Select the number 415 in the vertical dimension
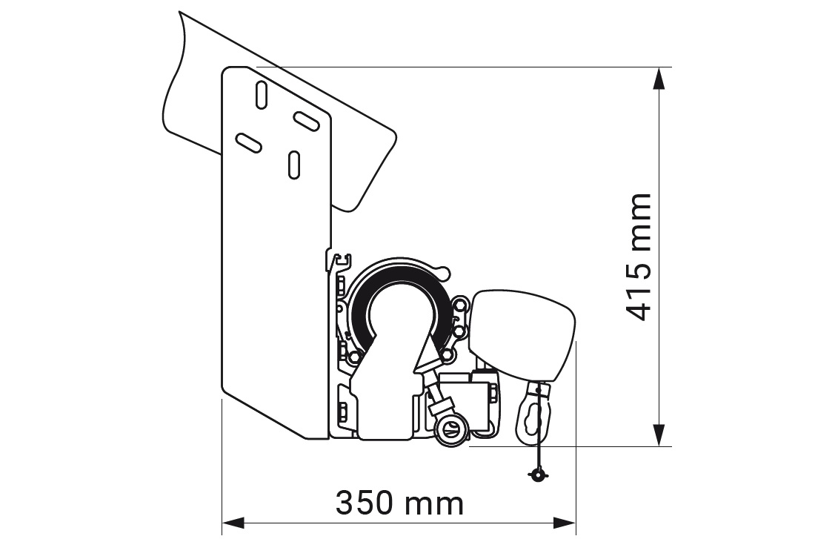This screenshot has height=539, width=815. (638, 291)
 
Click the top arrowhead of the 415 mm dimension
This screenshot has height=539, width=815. (659, 78)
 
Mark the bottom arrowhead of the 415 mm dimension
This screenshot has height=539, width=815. (659, 435)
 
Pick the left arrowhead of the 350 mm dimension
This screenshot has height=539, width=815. (233, 523)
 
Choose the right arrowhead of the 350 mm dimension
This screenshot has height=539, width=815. (565, 523)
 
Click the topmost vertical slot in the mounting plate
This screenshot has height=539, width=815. (262, 95)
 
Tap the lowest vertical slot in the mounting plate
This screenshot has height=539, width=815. (294, 165)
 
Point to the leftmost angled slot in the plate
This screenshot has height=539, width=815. (248, 142)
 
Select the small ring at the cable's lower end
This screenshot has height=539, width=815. (536, 474)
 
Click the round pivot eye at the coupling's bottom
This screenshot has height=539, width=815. (448, 430)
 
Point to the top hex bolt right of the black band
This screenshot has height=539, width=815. (461, 303)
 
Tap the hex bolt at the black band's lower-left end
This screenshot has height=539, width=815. (354, 357)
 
